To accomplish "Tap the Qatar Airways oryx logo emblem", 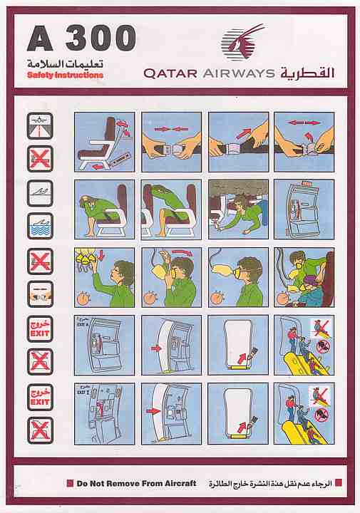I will coord(238,43).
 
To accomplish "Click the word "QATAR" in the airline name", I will coord(168,73).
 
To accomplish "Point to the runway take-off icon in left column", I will coord(40,125).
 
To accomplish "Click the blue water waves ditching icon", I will coord(40,227).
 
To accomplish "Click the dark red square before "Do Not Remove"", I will coord(70,483).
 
